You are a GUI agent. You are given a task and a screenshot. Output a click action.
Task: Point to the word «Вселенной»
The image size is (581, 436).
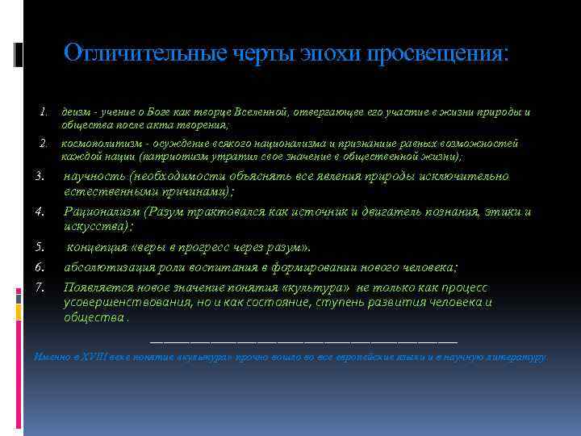[x=252, y=111]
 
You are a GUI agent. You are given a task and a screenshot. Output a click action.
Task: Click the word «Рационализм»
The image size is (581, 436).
[x=105, y=212]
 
